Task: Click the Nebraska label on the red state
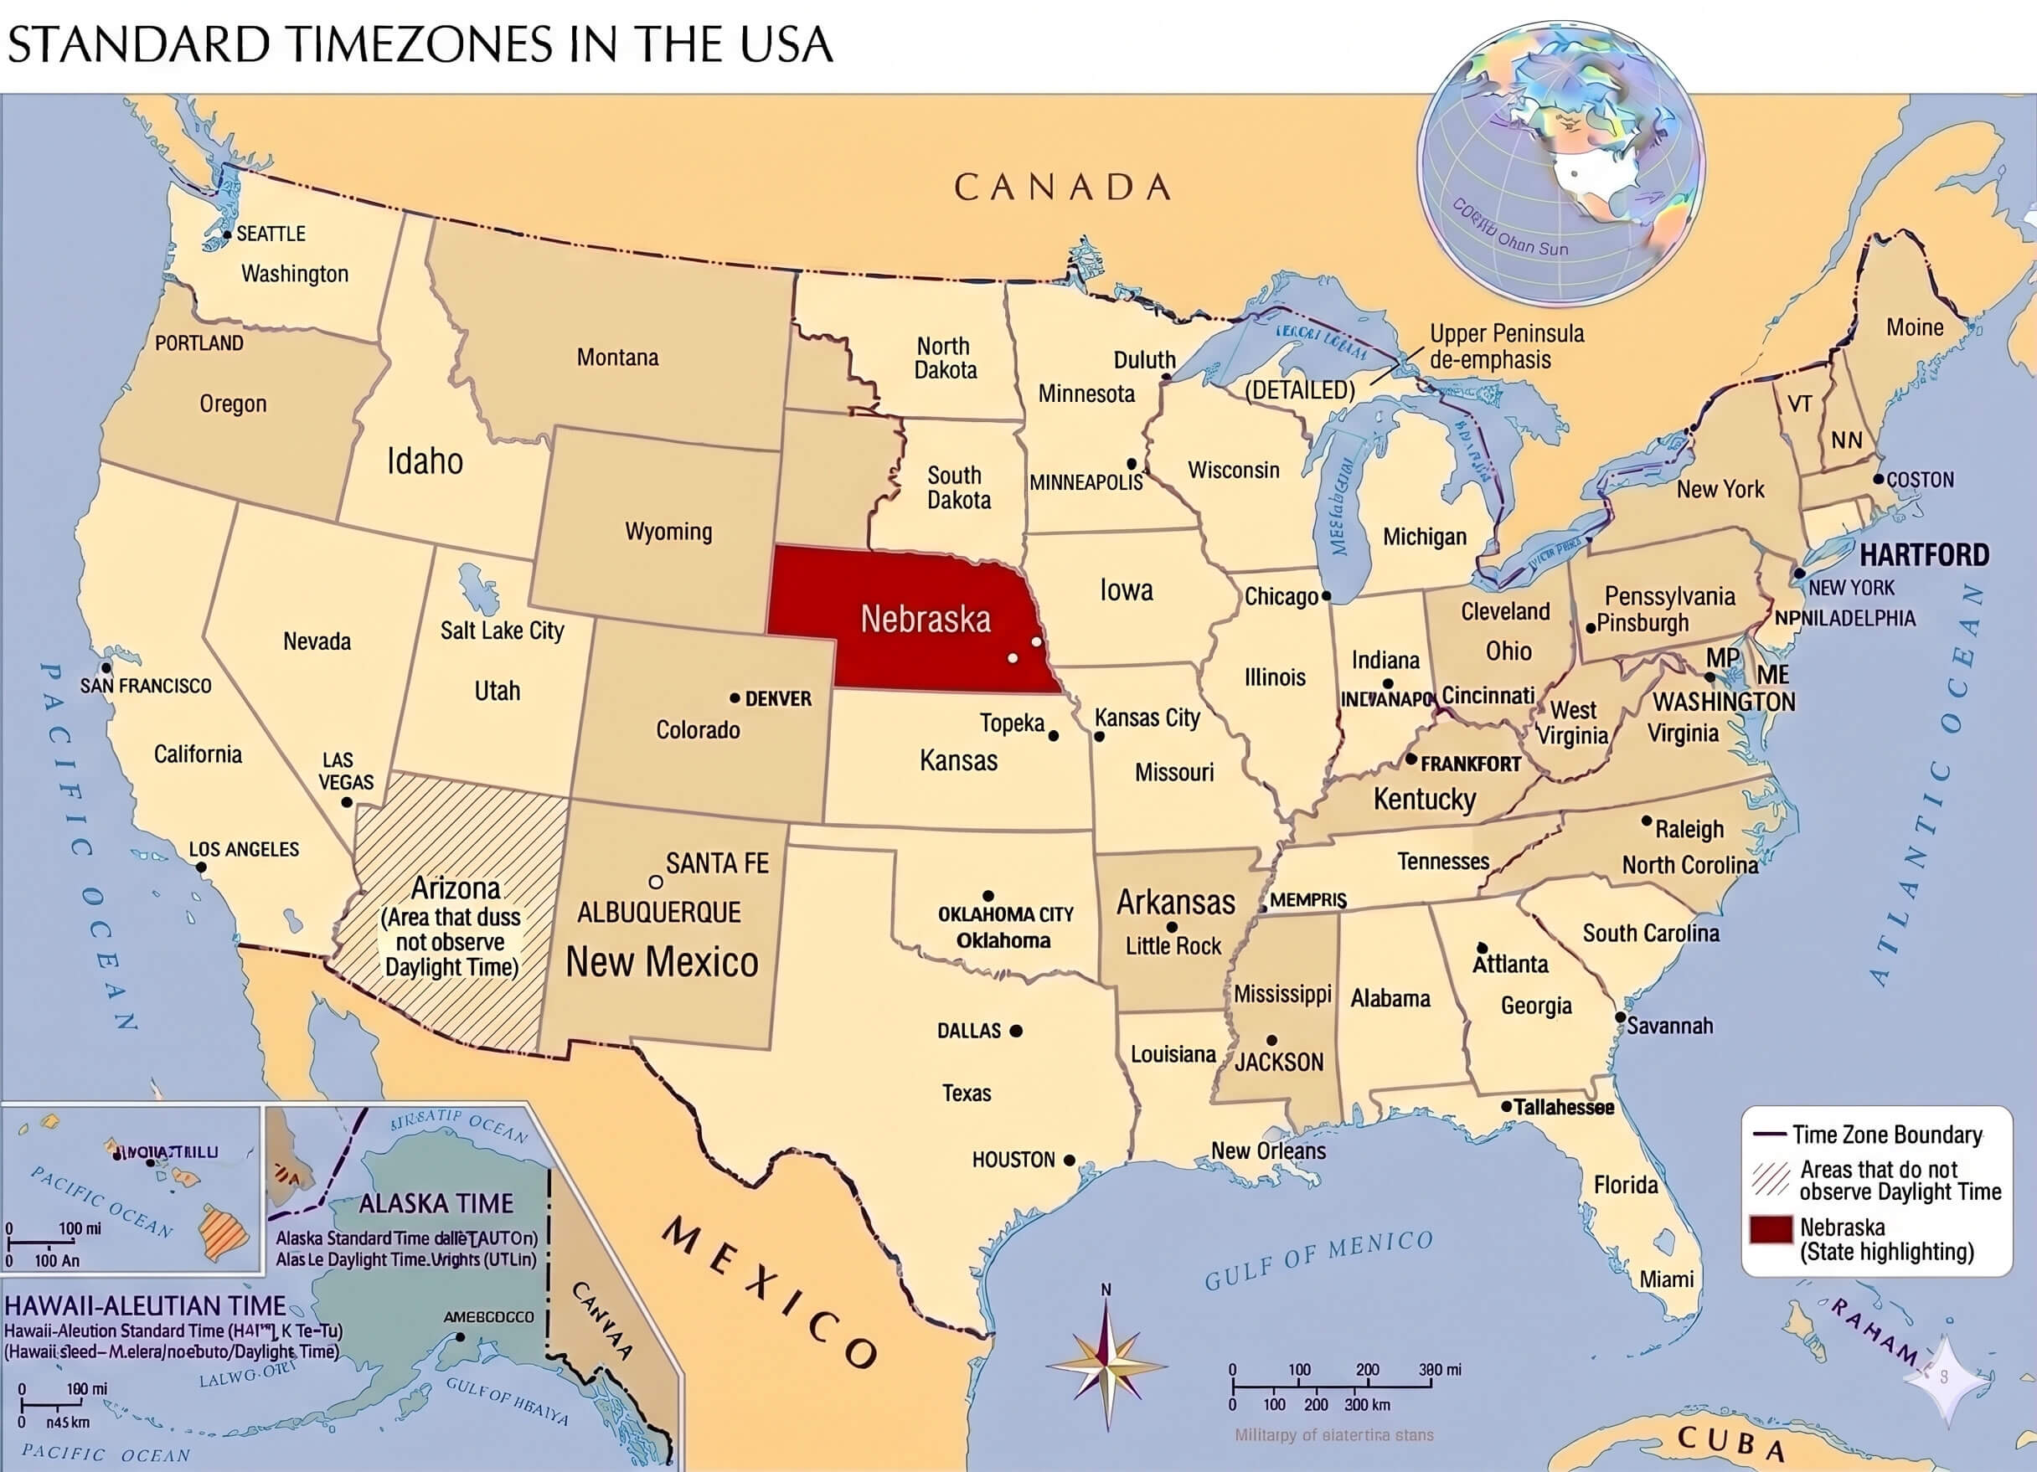tap(925, 619)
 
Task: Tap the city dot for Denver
tap(735, 697)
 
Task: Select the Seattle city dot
tap(227, 235)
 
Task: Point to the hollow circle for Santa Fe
tap(656, 882)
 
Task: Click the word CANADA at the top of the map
tap(1063, 188)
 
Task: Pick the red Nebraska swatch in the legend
tap(1771, 1229)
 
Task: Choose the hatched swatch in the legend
tap(1771, 1180)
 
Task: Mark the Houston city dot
tap(1069, 1161)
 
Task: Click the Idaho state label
tap(425, 461)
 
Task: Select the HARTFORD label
tap(1924, 555)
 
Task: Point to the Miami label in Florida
tap(1666, 1279)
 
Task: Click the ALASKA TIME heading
tap(436, 1202)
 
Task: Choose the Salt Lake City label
tap(501, 630)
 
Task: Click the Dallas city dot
tap(1016, 1031)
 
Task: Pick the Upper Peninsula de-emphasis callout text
tap(1506, 347)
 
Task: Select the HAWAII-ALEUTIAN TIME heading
tap(146, 1306)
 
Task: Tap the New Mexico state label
tap(662, 962)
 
